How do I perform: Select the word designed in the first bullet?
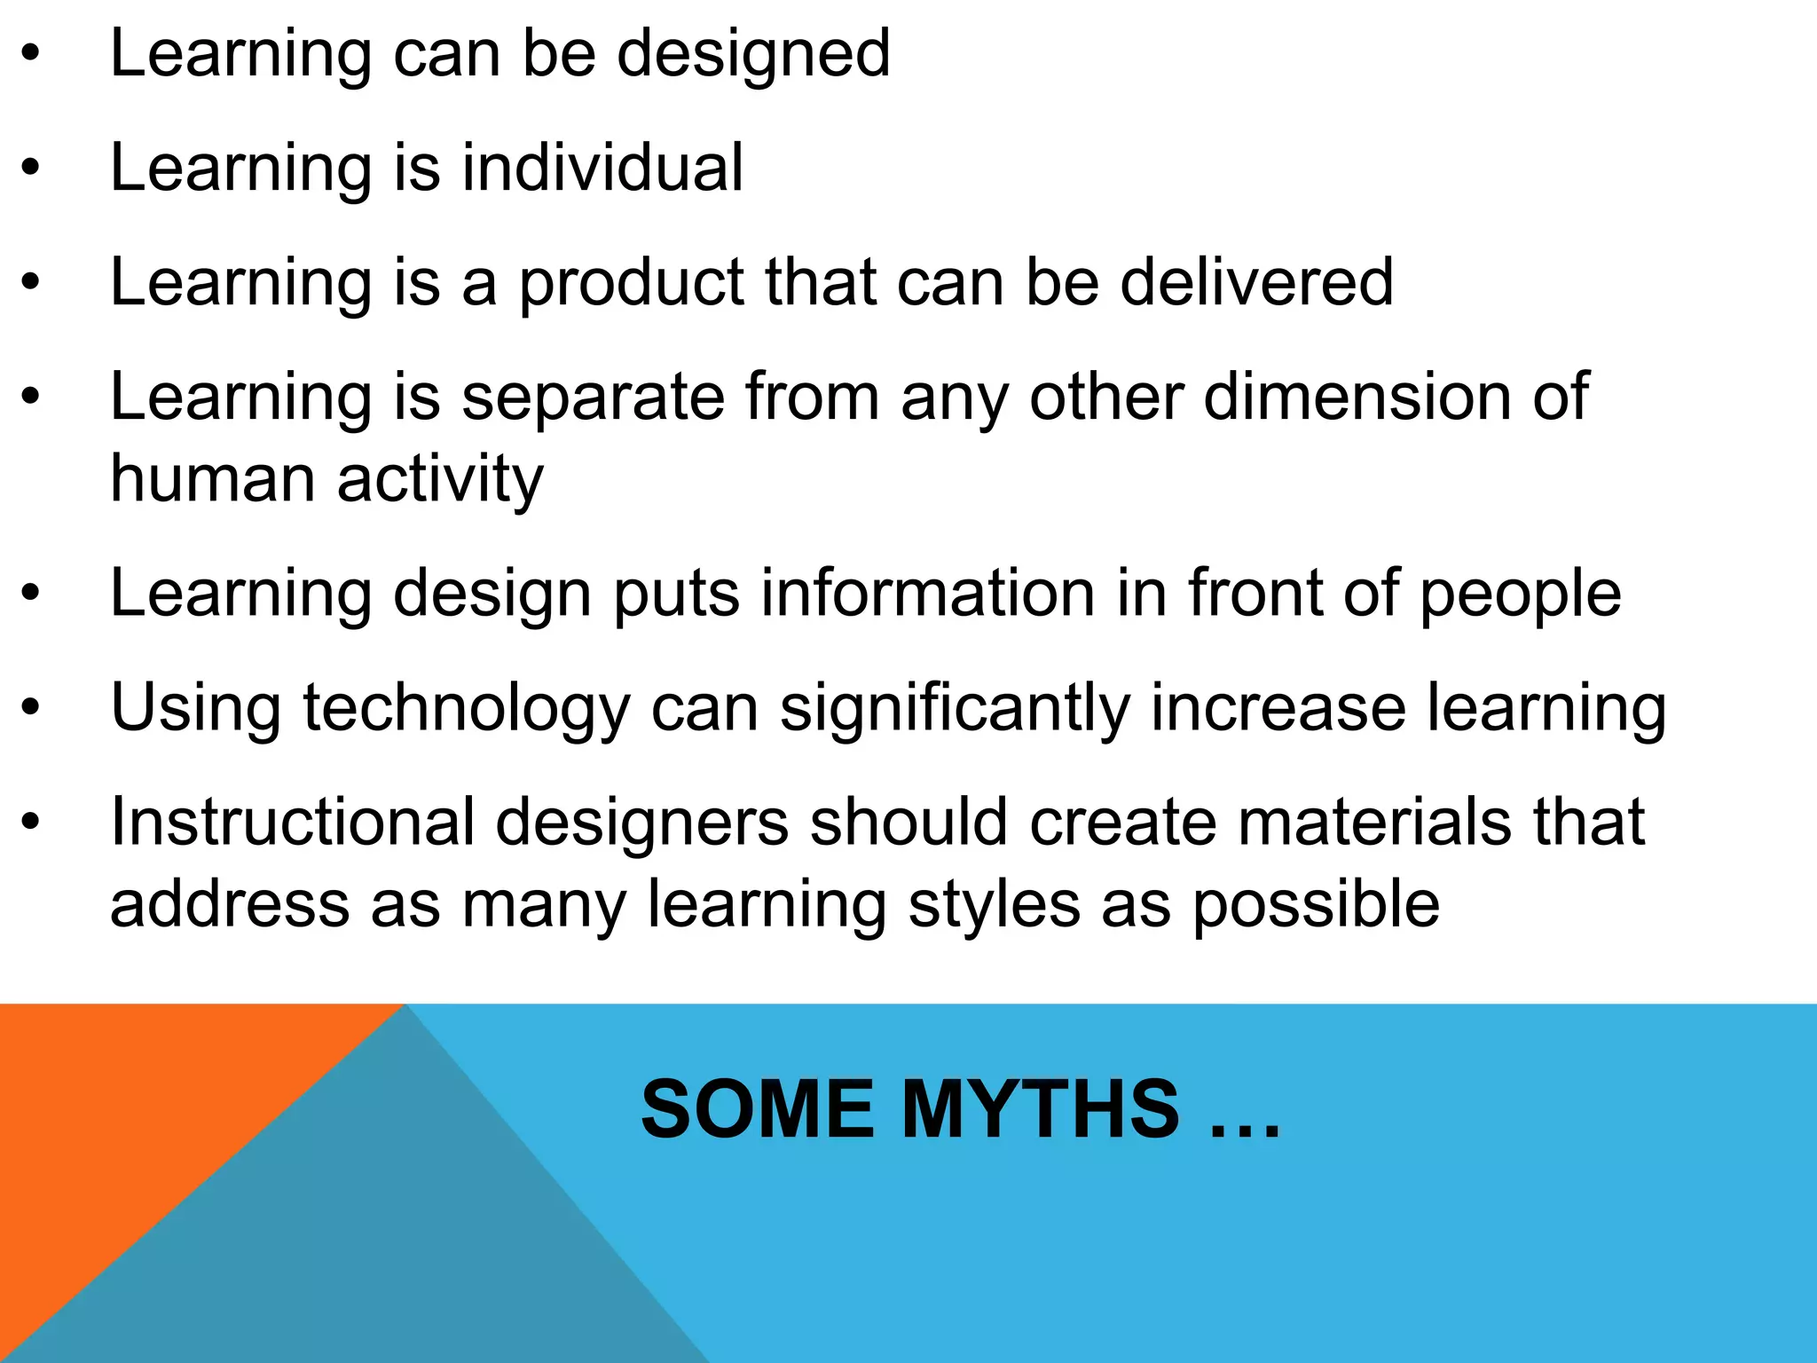(753, 55)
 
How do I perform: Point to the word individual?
(602, 168)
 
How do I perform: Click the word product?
(631, 284)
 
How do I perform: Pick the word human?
(212, 479)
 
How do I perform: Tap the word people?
(1521, 595)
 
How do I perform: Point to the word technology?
(467, 710)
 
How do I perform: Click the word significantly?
(955, 710)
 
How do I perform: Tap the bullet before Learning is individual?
(31, 168)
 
